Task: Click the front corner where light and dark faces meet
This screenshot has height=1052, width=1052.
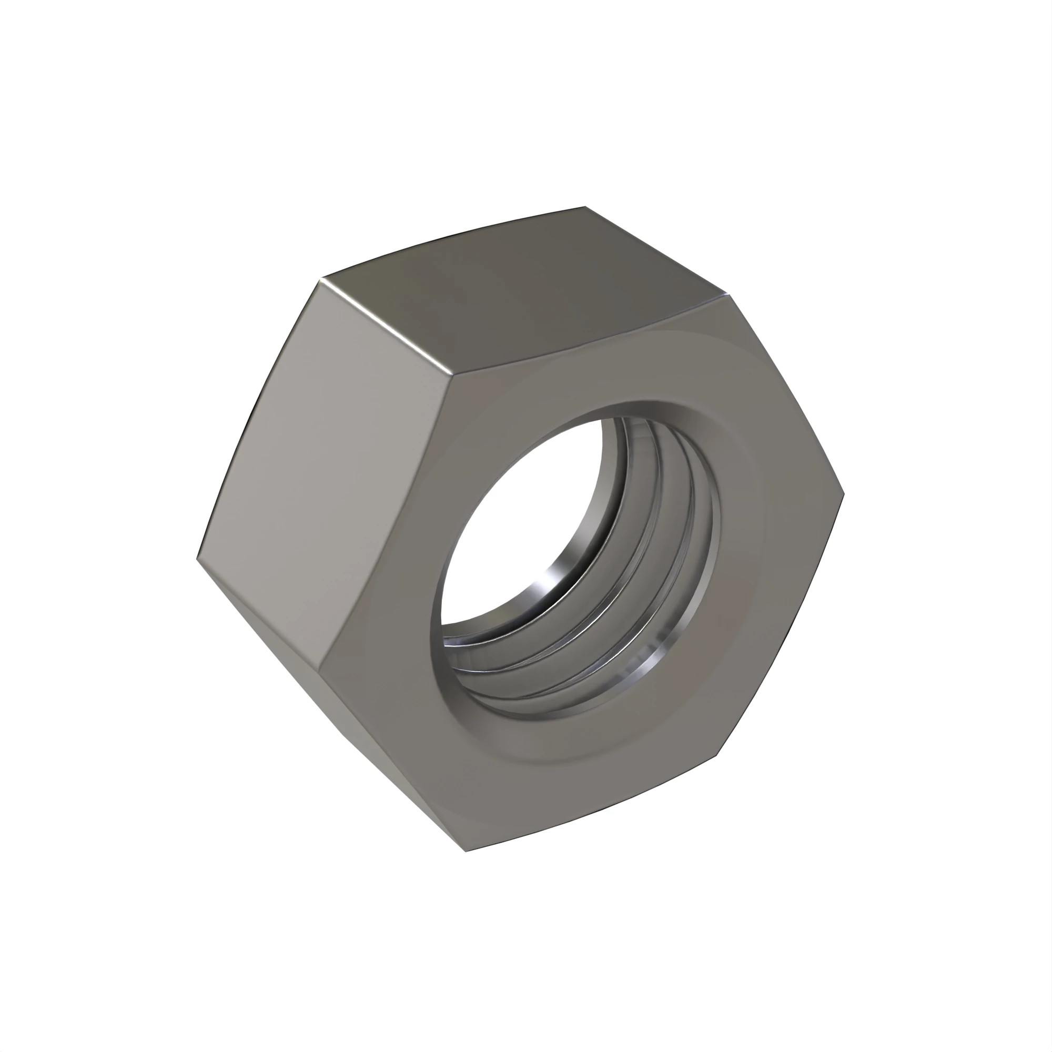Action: pos(453,375)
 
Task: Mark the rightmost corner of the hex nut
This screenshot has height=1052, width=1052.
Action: pos(844,494)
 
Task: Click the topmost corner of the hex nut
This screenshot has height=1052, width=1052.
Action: pos(585,207)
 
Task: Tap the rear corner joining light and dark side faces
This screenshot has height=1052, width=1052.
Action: pos(321,279)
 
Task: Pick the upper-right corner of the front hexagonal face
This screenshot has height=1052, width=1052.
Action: pos(729,295)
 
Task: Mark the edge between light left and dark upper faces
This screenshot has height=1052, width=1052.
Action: pos(387,327)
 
